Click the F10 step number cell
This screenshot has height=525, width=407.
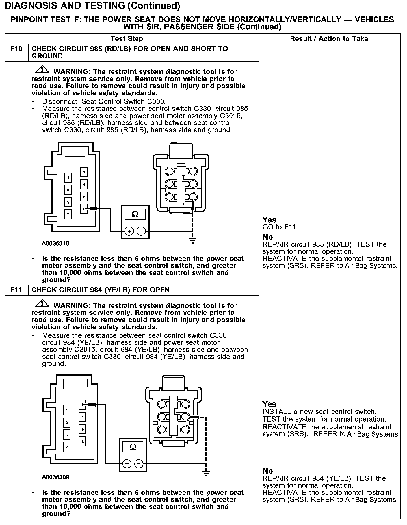click(x=16, y=49)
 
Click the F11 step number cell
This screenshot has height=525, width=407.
click(x=16, y=290)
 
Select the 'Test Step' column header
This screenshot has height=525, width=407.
click(x=127, y=39)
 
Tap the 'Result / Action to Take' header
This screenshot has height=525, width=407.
click(x=329, y=39)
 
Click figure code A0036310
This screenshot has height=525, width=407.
click(x=55, y=243)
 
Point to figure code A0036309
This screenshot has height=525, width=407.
click(x=55, y=477)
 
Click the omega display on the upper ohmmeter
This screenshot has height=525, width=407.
click(x=135, y=214)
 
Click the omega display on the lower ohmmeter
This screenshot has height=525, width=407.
click(x=133, y=447)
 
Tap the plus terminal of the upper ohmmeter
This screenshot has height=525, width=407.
click(x=129, y=231)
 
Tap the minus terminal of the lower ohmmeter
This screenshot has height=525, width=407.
click(x=138, y=464)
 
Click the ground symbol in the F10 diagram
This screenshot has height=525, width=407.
click(x=193, y=241)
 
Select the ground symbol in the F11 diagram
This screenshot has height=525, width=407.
click(x=206, y=473)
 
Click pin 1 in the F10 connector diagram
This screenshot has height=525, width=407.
click(x=68, y=177)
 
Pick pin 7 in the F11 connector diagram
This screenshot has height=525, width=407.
click(x=66, y=447)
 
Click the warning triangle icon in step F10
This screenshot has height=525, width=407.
click(x=42, y=69)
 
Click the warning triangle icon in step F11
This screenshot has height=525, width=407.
click(x=42, y=303)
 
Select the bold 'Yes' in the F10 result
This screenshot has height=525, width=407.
click(x=269, y=220)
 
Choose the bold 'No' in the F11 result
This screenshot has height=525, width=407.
click(x=267, y=471)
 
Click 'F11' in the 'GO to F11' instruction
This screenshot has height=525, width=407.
click(x=291, y=227)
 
